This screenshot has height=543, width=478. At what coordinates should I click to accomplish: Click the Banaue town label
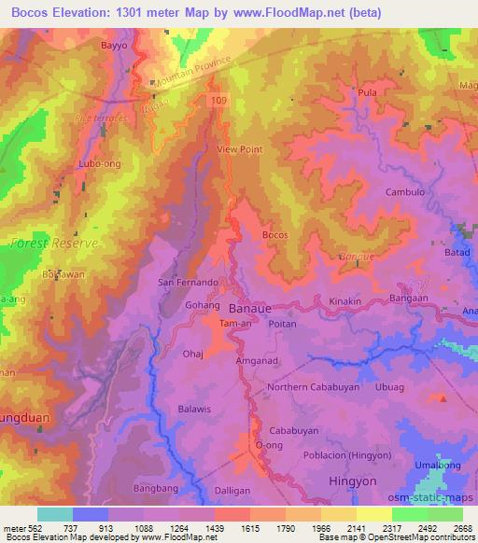point(249,307)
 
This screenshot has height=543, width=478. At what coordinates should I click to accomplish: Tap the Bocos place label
point(275,235)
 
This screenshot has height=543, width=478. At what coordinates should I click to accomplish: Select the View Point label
point(240,149)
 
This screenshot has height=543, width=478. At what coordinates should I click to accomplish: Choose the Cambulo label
point(405,192)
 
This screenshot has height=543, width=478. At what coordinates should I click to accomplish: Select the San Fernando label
point(188,282)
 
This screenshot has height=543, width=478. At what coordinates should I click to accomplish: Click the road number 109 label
point(218,98)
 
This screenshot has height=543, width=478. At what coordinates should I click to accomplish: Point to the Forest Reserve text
point(53,243)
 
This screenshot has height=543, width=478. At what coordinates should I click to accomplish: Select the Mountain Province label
point(192,74)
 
